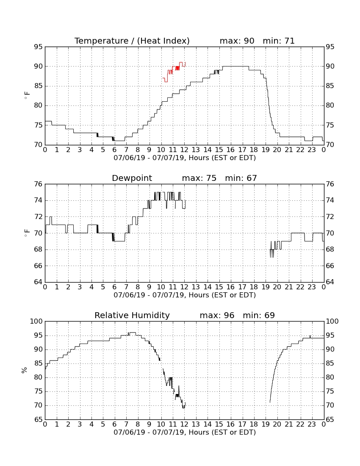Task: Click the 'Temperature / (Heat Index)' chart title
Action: [132, 41]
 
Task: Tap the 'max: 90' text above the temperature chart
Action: [237, 41]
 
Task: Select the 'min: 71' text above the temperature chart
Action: [279, 41]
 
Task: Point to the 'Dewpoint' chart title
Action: [132, 178]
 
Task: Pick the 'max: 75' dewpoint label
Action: [199, 178]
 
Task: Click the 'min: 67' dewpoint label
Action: [241, 178]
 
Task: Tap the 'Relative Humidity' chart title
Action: [132, 315]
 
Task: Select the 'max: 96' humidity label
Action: [217, 315]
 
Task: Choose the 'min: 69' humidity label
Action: [259, 315]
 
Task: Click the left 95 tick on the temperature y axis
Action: [38, 47]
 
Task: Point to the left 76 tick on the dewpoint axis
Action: [38, 184]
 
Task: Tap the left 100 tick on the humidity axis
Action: [36, 321]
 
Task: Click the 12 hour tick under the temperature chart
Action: [184, 150]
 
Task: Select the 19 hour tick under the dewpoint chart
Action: [265, 287]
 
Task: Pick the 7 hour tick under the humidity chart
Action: [126, 424]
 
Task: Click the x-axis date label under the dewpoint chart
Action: [185, 295]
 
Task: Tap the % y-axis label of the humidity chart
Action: [24, 370]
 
